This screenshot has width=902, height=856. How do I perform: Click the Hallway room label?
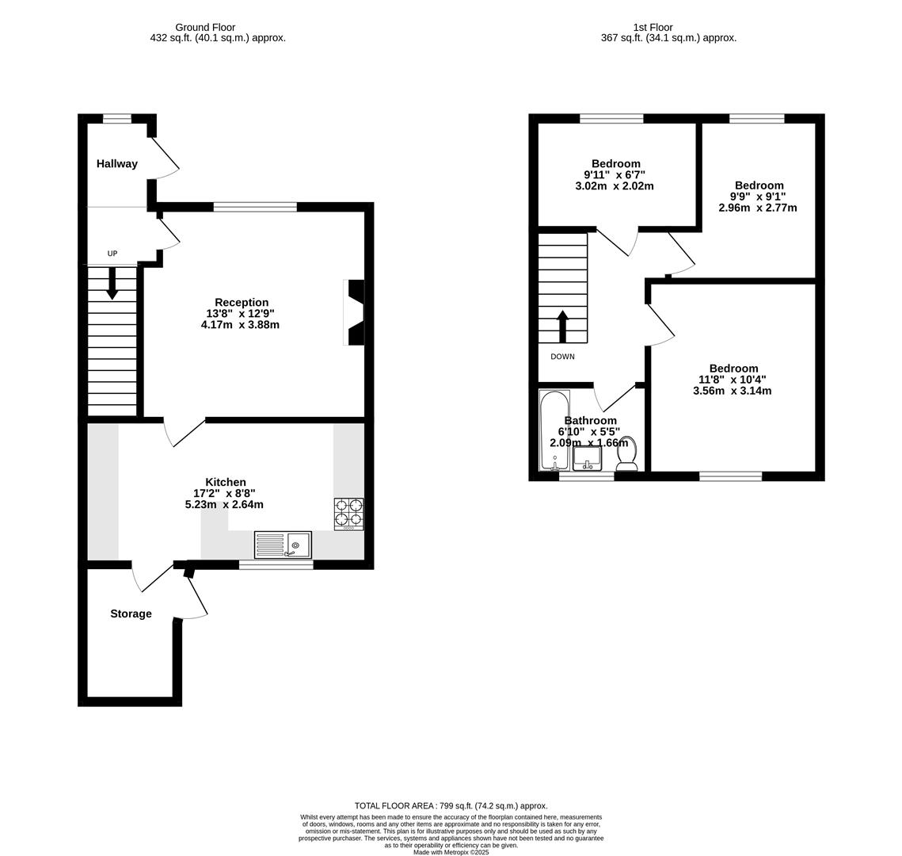click(117, 164)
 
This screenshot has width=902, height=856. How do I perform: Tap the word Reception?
click(242, 303)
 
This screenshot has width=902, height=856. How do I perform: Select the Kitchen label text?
click(226, 483)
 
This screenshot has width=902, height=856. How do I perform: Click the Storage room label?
click(131, 614)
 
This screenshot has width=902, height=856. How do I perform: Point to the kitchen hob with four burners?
click(348, 513)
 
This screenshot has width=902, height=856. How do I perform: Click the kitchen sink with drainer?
click(283, 545)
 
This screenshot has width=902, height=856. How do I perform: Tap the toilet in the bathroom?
click(627, 454)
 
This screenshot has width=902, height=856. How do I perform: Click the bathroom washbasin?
click(587, 458)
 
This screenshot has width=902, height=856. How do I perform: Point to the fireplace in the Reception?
click(356, 312)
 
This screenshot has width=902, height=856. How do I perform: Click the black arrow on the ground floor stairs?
click(112, 283)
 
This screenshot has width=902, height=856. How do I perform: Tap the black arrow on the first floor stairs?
click(563, 326)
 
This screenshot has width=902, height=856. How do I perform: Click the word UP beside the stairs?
click(112, 254)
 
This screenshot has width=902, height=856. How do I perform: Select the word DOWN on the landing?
click(562, 357)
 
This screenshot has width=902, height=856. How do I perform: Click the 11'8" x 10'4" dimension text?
click(733, 380)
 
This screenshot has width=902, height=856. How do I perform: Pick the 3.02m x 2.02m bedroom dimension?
click(615, 186)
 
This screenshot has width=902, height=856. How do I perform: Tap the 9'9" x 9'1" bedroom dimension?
click(759, 197)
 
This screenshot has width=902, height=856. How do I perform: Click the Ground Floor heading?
click(205, 27)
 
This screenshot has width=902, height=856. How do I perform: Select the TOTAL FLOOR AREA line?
click(451, 805)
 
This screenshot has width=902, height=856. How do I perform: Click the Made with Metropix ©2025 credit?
click(451, 852)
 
